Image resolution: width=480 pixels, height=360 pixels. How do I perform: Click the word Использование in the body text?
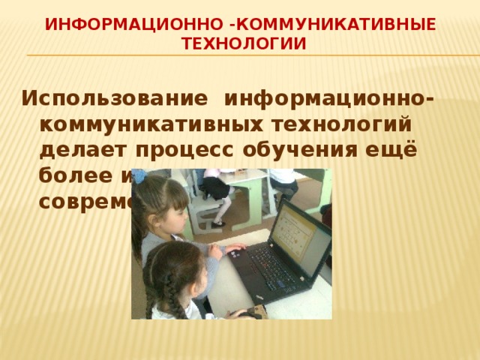tap(115, 98)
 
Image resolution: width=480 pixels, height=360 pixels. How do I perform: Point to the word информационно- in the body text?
tap(331, 98)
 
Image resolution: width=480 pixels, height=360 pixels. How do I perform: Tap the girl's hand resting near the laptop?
tap(235, 248)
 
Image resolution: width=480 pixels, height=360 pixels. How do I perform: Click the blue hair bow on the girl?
tap(139, 178)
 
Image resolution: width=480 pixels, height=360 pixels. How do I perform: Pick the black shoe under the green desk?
tap(218, 223)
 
